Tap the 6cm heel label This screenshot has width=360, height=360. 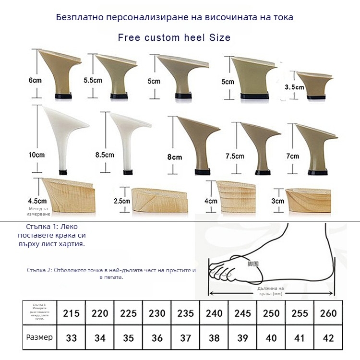[x=35, y=81]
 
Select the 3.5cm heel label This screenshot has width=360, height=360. [x=294, y=87]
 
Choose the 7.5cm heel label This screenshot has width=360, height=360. [x=235, y=156]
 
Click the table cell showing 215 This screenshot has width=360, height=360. [x=71, y=313]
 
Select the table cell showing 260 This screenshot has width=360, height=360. [x=328, y=313]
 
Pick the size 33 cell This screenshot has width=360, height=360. [x=71, y=338]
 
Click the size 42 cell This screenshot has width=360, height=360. [x=328, y=338]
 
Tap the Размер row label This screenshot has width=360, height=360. [x=40, y=337]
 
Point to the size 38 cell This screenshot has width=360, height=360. [x=214, y=338]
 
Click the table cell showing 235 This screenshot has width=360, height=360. [x=185, y=313]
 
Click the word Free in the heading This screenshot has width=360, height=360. [x=129, y=37]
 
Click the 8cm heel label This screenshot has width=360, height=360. [x=175, y=157]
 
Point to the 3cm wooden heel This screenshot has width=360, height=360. [x=307, y=199]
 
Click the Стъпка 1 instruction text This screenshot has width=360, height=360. [x=51, y=235]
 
